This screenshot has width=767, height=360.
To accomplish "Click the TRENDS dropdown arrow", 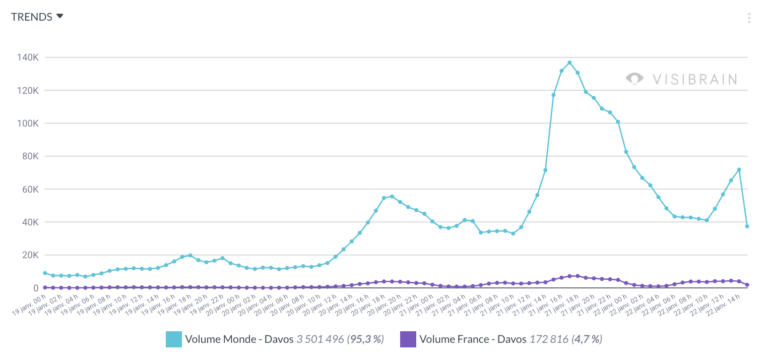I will click(x=60, y=16).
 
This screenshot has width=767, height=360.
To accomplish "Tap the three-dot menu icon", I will click(x=749, y=19).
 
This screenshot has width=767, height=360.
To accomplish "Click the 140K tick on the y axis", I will click(x=28, y=57).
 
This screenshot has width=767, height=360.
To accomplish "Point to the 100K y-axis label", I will click(x=28, y=124).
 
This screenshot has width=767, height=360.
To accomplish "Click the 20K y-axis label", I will click(x=29, y=255).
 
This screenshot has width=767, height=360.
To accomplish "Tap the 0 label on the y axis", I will click(x=36, y=288).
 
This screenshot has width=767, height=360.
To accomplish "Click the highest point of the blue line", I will click(x=569, y=63).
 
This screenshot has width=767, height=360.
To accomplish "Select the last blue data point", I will click(x=747, y=226).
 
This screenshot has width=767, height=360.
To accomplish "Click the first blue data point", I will click(x=45, y=273).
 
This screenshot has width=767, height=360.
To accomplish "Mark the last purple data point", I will click(x=747, y=285).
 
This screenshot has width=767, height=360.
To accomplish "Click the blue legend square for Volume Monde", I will click(x=173, y=339).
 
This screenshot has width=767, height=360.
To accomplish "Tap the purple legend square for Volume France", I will click(x=408, y=339).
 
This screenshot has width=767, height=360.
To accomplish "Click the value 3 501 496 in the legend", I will click(x=320, y=339).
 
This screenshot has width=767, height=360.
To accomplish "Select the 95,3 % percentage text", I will click(x=365, y=339).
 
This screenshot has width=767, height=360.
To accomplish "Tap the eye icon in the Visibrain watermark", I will click(x=634, y=79).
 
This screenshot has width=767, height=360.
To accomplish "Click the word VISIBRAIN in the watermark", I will click(x=695, y=79).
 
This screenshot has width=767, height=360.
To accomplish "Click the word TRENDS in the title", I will click(x=32, y=17).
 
